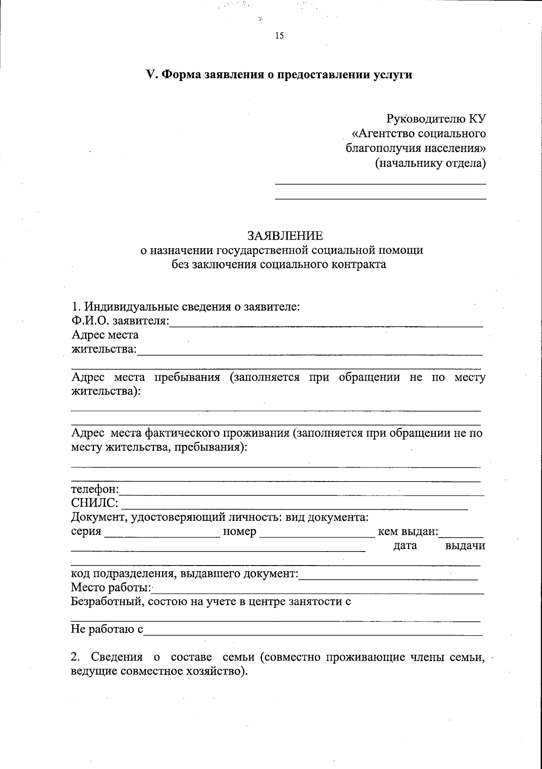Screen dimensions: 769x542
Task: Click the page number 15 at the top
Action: [279, 36]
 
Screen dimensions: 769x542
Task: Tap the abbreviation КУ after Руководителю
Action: [477, 119]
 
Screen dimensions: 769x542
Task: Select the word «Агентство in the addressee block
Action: [383, 133]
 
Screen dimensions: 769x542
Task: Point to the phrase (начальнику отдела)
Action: [430, 163]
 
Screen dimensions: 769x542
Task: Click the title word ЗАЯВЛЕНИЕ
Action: [285, 236]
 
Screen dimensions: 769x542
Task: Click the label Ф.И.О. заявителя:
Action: [120, 321]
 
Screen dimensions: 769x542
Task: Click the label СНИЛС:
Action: [94, 503]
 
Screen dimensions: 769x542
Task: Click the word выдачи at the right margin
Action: [465, 546]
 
